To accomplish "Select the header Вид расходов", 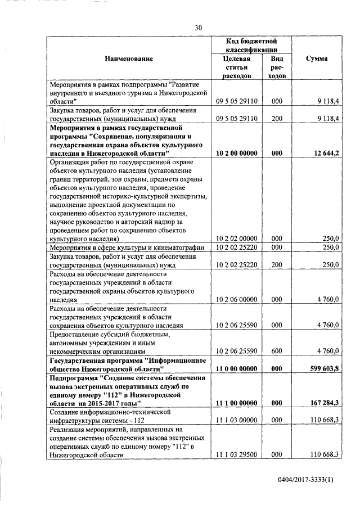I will (x=276, y=67).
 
